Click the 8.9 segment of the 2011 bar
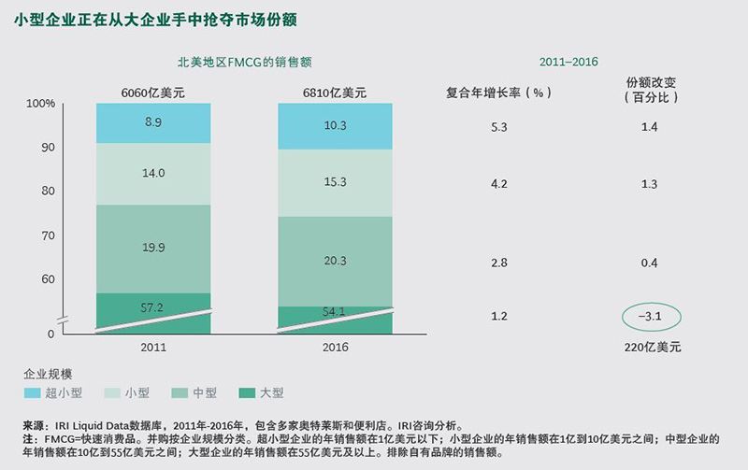pyautogui.click(x=153, y=123)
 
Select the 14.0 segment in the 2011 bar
pyautogui.click(x=153, y=173)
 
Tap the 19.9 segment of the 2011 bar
pyautogui.click(x=153, y=248)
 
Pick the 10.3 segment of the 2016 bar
pyautogui.click(x=335, y=126)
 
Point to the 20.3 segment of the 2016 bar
pyautogui.click(x=335, y=261)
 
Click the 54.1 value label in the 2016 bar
pyautogui.click(x=335, y=311)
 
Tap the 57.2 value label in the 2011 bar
pyautogui.click(x=153, y=306)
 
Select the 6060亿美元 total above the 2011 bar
pyautogui.click(x=153, y=93)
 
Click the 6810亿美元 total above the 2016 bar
pyautogui.click(x=335, y=93)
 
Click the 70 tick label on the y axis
pyautogui.click(x=46, y=235)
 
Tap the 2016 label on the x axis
pyautogui.click(x=335, y=347)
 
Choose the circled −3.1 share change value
pyautogui.click(x=651, y=317)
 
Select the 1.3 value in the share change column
pyautogui.click(x=651, y=184)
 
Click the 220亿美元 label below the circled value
pyautogui.click(x=651, y=347)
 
